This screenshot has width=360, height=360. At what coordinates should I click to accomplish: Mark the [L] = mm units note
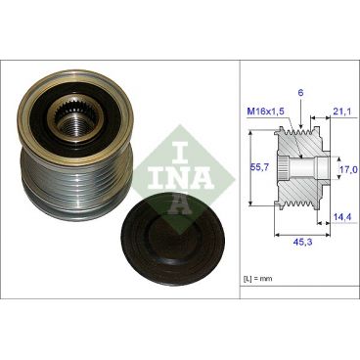(260, 281)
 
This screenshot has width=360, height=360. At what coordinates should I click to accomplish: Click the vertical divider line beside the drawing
(241, 176)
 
